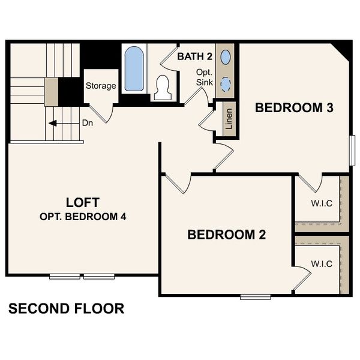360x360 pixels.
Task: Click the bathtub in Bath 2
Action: [x=134, y=69]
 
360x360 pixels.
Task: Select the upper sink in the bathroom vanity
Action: [x=226, y=58]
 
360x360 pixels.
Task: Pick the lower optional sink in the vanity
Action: [x=226, y=85]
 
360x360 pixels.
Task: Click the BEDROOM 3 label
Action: [x=286, y=108]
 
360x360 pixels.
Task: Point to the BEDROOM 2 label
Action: [x=227, y=235]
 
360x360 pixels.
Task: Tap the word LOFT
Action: [x=82, y=202]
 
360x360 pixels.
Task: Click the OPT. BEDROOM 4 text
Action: [x=83, y=217]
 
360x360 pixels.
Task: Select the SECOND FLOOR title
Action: [x=66, y=309]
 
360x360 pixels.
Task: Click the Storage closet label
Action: [x=100, y=86]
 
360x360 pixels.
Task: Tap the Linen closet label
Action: [x=229, y=118]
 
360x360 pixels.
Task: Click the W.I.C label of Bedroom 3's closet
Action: [x=322, y=203]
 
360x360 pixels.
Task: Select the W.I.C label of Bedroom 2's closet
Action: [x=322, y=264]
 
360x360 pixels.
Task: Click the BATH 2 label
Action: [x=195, y=56]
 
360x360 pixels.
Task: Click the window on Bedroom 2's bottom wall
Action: [x=255, y=296]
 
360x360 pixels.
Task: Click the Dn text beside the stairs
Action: [x=88, y=124]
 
